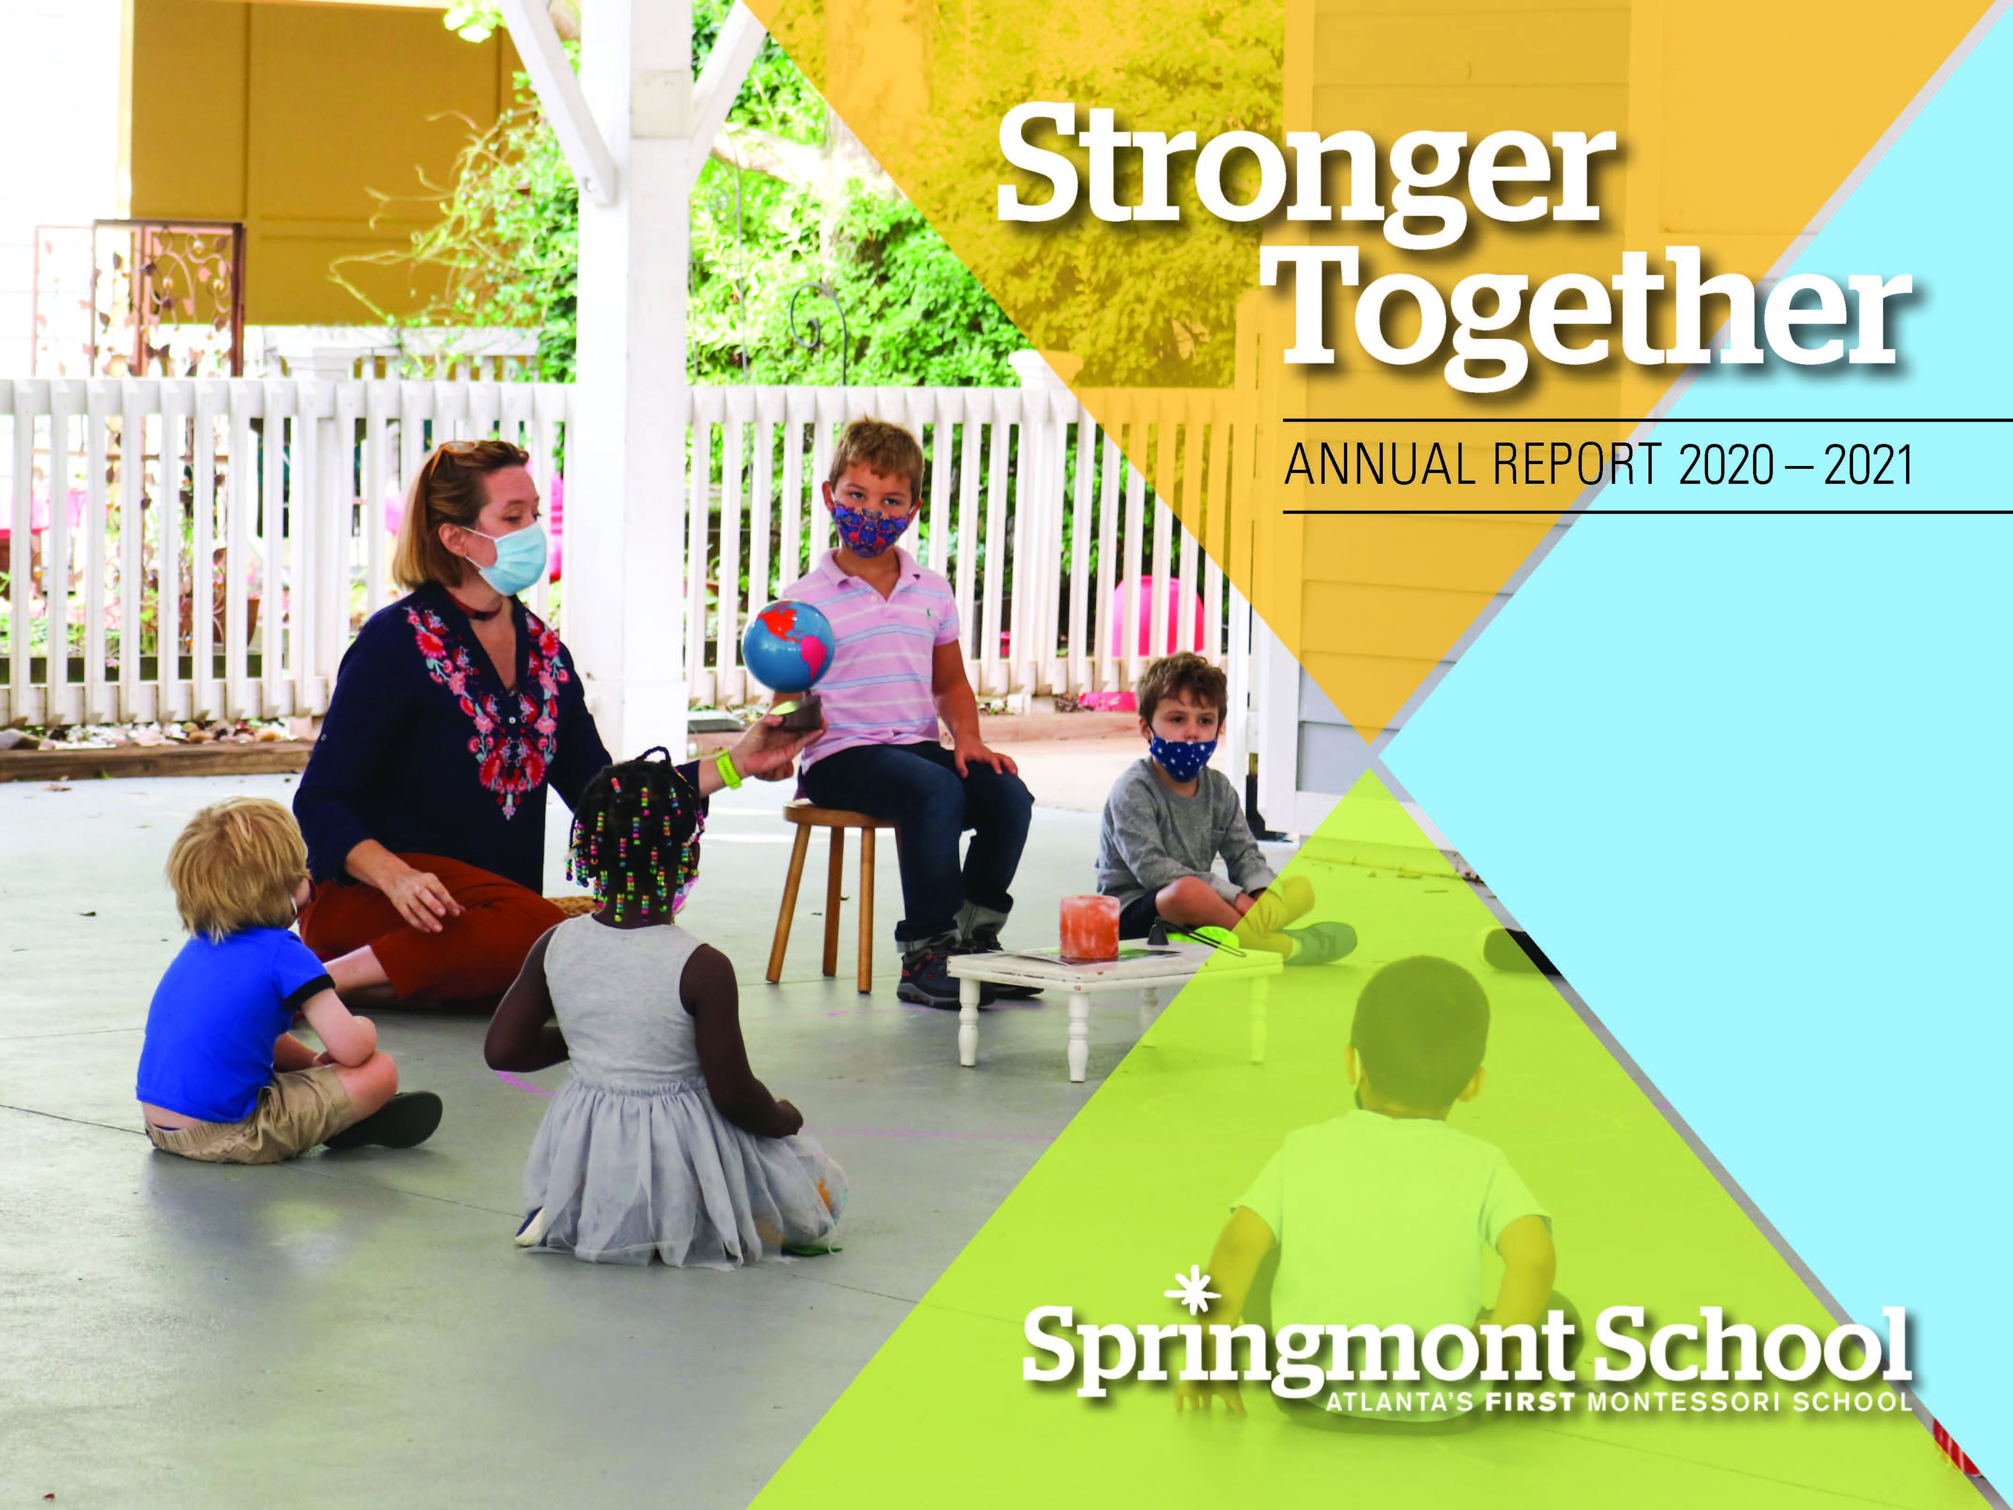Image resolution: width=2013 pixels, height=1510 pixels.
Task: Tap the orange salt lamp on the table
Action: coord(1088,927)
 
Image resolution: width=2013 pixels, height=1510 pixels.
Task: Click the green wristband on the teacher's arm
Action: coord(729,767)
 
